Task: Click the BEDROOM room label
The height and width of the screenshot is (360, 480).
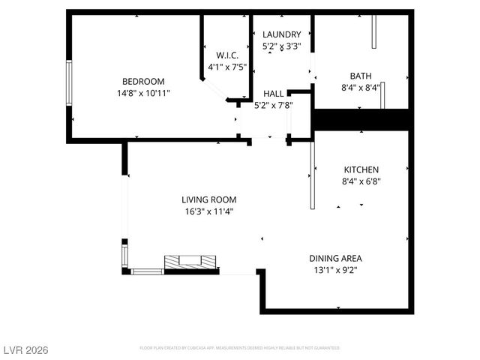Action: click(143, 82)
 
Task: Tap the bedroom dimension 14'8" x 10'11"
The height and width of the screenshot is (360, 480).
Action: click(143, 94)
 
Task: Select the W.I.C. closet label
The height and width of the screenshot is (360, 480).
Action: click(227, 55)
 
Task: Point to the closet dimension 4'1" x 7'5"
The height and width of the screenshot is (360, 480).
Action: click(227, 67)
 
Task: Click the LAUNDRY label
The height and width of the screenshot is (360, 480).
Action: click(281, 34)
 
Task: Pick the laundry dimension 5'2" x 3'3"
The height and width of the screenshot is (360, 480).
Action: click(281, 46)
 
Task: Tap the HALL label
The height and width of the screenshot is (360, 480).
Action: click(273, 93)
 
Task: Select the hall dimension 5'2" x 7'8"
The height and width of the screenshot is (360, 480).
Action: click(273, 105)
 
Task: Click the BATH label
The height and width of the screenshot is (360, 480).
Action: click(361, 76)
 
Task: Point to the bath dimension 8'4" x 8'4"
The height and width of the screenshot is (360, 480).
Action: click(361, 88)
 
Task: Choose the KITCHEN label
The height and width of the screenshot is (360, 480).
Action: click(361, 169)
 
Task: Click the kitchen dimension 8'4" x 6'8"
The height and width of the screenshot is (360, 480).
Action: click(361, 181)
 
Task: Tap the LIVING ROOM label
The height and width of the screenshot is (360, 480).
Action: click(208, 199)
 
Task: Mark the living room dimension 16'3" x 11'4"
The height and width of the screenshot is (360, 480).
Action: click(208, 211)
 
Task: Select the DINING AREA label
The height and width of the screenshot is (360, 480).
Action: click(336, 258)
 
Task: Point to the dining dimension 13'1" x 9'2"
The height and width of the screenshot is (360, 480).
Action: click(336, 270)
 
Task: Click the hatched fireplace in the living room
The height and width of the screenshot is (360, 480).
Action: click(190, 262)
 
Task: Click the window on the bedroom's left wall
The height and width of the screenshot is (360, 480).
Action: click(68, 83)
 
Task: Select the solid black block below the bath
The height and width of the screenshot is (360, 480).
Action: click(361, 119)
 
